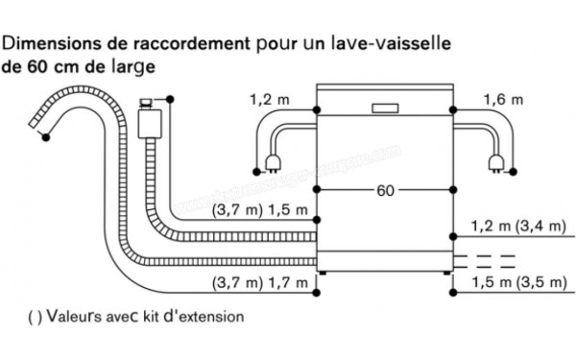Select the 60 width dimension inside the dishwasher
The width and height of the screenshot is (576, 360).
coord(384,191)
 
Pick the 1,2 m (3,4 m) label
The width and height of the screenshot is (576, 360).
coord(517,227)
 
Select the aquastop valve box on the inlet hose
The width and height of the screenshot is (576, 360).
coord(148,123)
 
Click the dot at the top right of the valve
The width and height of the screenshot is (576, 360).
coord(170,98)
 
